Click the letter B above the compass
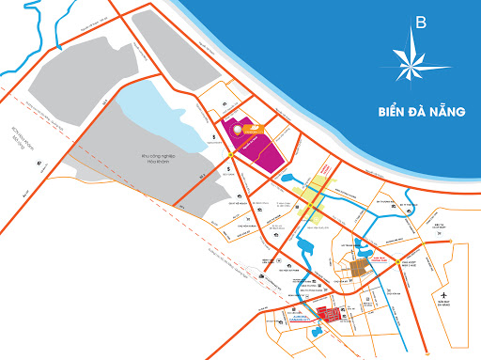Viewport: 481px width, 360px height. (x=420, y=23)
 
